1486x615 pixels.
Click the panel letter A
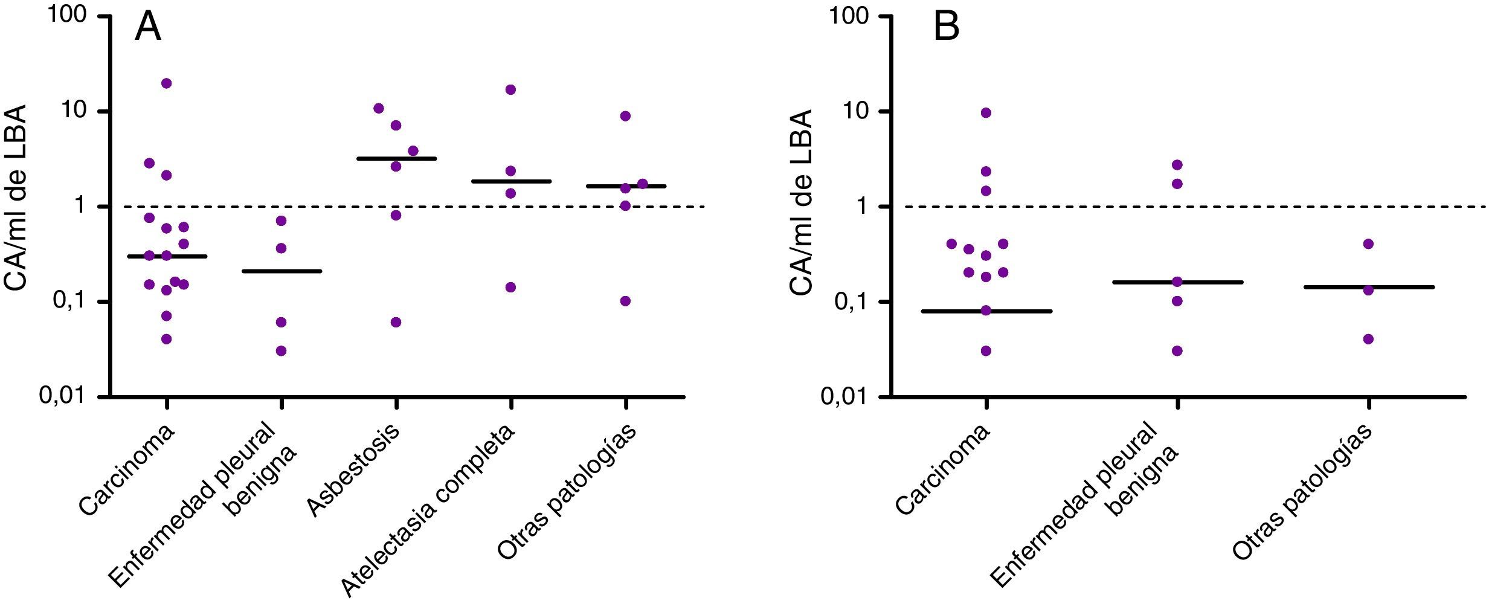[x=148, y=28]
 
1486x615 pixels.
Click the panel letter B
[x=947, y=28]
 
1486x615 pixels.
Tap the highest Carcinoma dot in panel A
[x=167, y=83]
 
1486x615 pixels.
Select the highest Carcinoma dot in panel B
[x=986, y=113]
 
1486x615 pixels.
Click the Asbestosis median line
[x=396, y=159]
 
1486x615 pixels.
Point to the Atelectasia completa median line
[x=511, y=181]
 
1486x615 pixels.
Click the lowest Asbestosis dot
[x=396, y=322]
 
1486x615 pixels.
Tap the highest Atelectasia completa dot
[x=511, y=90]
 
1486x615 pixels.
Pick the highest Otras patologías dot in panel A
[x=625, y=116]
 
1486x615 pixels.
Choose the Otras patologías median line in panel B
[x=1368, y=287]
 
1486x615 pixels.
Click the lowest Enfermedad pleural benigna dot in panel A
[x=281, y=351]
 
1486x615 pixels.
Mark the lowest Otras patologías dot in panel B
[x=1368, y=339]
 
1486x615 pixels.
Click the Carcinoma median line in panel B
[x=986, y=311]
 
